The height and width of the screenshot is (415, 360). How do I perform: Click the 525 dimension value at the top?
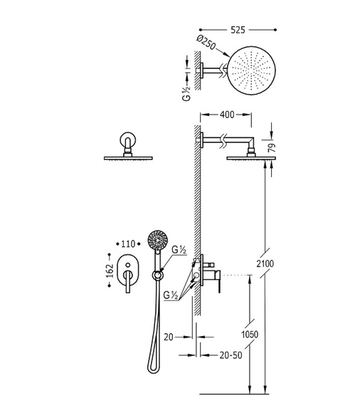tap(238, 30)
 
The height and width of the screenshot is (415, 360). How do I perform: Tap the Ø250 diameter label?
tap(206, 43)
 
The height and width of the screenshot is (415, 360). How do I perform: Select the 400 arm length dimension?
tap(227, 115)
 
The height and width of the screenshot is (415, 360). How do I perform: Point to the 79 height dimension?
tap(272, 148)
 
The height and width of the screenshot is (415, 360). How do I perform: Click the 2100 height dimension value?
tap(265, 263)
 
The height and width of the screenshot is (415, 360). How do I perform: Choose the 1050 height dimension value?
tap(250, 335)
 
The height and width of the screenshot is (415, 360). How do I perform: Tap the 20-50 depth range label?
tap(231, 355)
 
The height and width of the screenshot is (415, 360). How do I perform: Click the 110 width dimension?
tap(128, 243)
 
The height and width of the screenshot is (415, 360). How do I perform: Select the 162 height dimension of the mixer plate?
tap(110, 270)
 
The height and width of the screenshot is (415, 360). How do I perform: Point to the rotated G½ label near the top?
tap(186, 93)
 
